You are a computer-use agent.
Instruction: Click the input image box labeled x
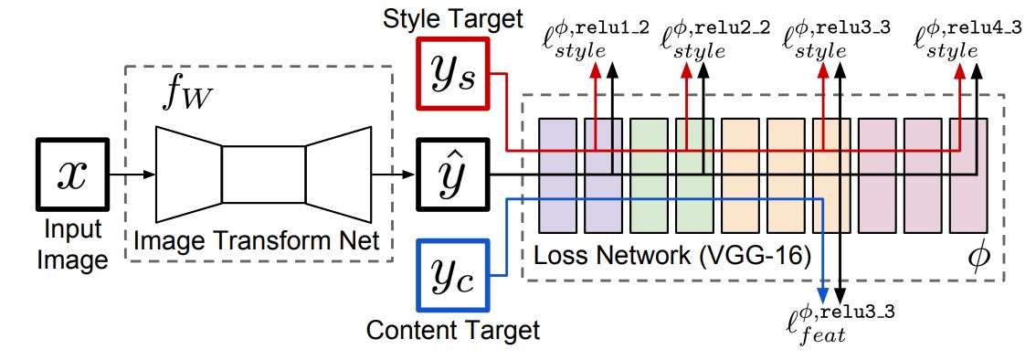tap(73, 175)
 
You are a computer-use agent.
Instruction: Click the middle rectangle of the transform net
tap(263, 175)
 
